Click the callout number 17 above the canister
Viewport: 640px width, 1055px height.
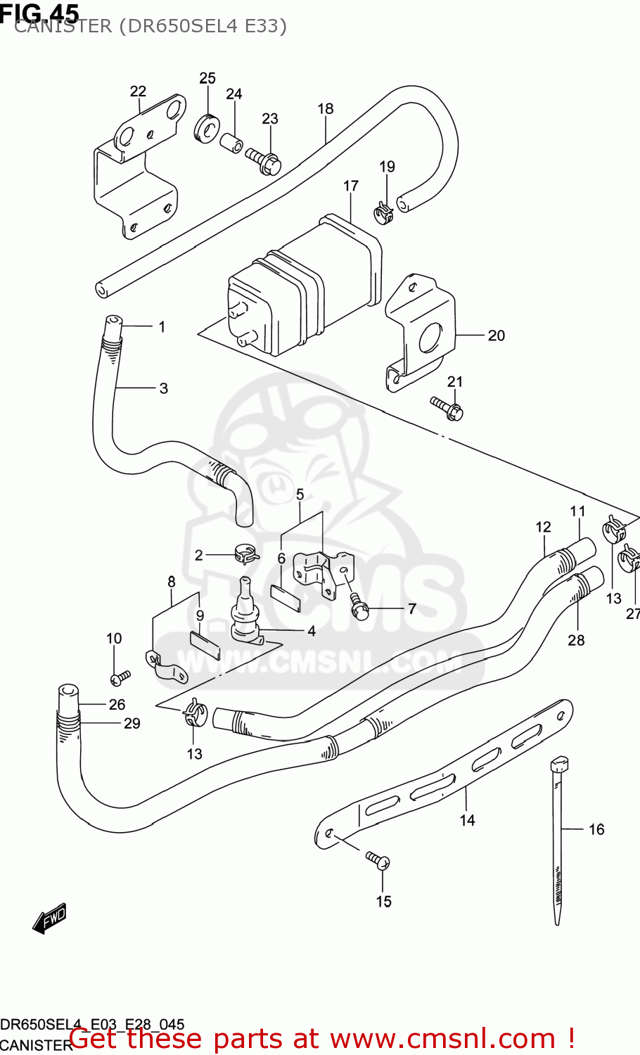pyautogui.click(x=351, y=186)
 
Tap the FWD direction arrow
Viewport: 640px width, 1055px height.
pyautogui.click(x=50, y=918)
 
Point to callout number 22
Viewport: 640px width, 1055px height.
pyautogui.click(x=138, y=91)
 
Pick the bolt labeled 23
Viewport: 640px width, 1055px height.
pyautogui.click(x=264, y=161)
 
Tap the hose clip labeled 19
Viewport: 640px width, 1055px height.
pyautogui.click(x=383, y=211)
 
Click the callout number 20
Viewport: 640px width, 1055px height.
pyautogui.click(x=497, y=335)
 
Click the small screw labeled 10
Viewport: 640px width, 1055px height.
pyautogui.click(x=120, y=677)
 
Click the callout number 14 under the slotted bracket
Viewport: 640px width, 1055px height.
pyautogui.click(x=468, y=820)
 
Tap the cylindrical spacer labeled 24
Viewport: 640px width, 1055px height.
pyautogui.click(x=232, y=143)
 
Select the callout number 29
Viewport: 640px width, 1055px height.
pyautogui.click(x=132, y=723)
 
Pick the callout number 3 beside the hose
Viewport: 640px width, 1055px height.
pyautogui.click(x=163, y=388)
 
